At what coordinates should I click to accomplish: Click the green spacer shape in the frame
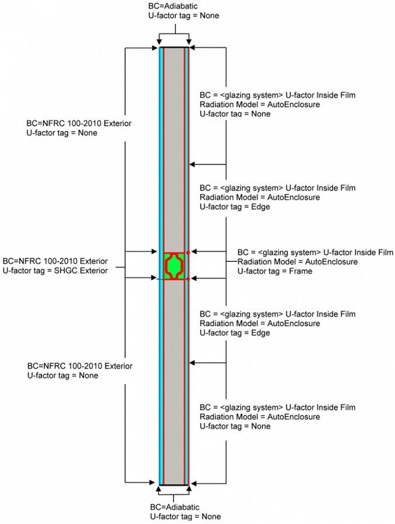(175, 266)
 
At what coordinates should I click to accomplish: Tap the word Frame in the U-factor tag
(301, 271)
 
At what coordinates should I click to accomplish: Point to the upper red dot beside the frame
(188, 252)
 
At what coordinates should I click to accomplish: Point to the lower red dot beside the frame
(188, 279)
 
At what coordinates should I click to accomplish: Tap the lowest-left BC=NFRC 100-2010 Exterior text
(79, 366)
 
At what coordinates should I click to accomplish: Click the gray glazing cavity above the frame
(174, 146)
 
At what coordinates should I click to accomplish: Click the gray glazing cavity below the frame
(174, 380)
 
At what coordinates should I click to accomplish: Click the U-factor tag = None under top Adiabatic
(184, 15)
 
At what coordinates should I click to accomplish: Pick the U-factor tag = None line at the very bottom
(184, 516)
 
